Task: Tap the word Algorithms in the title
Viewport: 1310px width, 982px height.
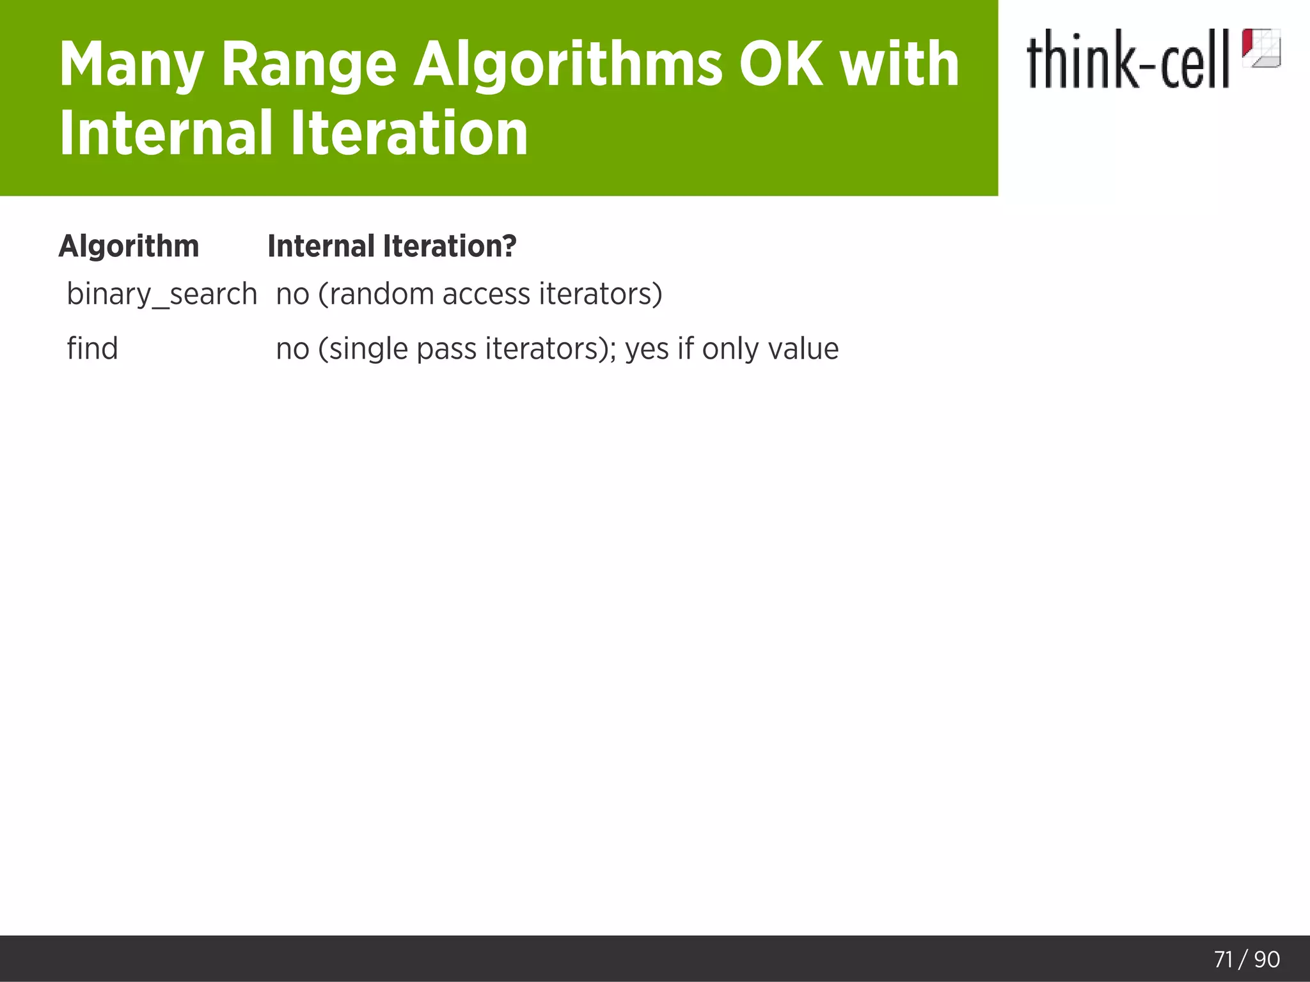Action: [567, 65]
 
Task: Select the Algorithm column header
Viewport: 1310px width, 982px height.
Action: [129, 246]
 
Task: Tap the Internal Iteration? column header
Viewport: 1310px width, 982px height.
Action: [391, 246]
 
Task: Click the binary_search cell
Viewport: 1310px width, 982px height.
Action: [162, 295]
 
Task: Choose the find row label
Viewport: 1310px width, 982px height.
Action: [92, 349]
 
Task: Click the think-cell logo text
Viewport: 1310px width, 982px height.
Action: [1128, 59]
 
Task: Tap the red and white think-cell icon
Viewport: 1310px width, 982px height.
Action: [1261, 48]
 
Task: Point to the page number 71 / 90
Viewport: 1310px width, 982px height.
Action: [1247, 959]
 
